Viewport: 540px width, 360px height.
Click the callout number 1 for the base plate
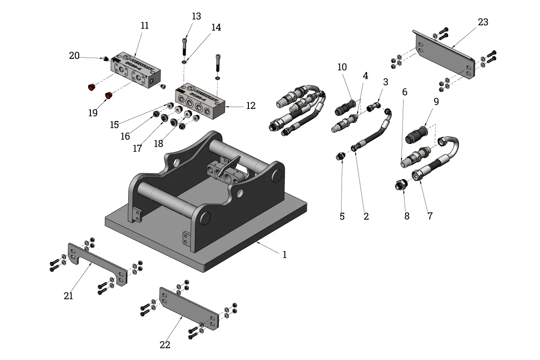[x=284, y=255]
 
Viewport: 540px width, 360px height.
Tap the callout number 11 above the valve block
[x=144, y=26]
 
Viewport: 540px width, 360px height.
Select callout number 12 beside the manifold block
[x=251, y=106]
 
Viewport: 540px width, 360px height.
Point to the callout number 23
[x=483, y=22]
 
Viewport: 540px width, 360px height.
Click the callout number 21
[x=68, y=296]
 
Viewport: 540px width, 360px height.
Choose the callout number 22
[x=165, y=345]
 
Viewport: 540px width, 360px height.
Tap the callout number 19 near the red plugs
[x=93, y=112]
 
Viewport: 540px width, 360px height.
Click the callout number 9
[x=436, y=102]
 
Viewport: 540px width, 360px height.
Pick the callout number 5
[x=342, y=216]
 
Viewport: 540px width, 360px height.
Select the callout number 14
[x=216, y=27]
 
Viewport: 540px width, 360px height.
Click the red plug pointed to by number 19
[x=108, y=95]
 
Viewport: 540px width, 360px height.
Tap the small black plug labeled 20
[x=105, y=58]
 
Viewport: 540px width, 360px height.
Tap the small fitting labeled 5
[x=341, y=157]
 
